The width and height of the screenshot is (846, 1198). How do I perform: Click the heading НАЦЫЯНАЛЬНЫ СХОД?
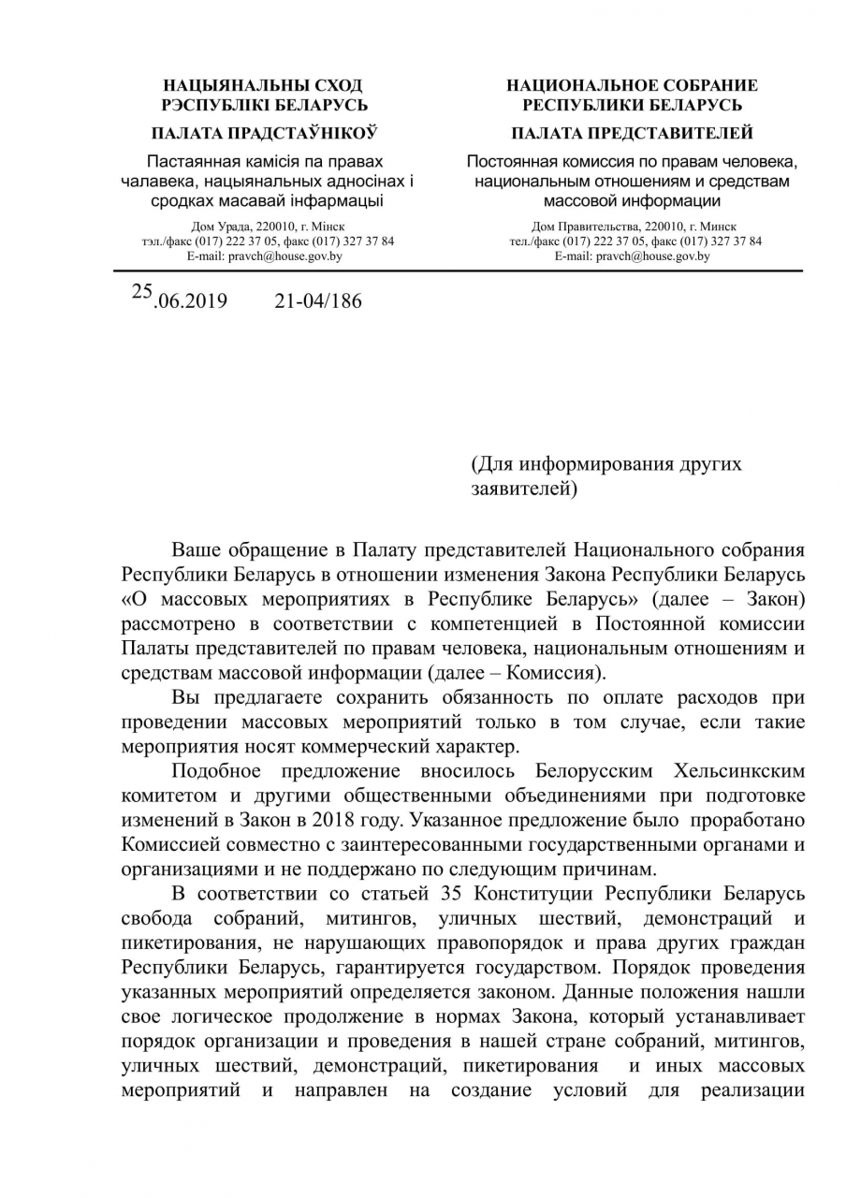264,85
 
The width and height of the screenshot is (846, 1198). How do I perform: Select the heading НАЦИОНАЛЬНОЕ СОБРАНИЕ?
632,85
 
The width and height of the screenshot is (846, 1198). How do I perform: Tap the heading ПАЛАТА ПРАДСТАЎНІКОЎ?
264,133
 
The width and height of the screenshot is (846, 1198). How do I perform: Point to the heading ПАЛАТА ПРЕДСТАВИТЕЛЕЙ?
632,133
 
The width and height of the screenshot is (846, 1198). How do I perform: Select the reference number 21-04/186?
317,301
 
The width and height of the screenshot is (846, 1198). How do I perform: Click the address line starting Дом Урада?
267,226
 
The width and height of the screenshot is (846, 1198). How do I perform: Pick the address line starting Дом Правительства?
634,226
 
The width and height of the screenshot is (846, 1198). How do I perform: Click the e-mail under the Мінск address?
264,256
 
